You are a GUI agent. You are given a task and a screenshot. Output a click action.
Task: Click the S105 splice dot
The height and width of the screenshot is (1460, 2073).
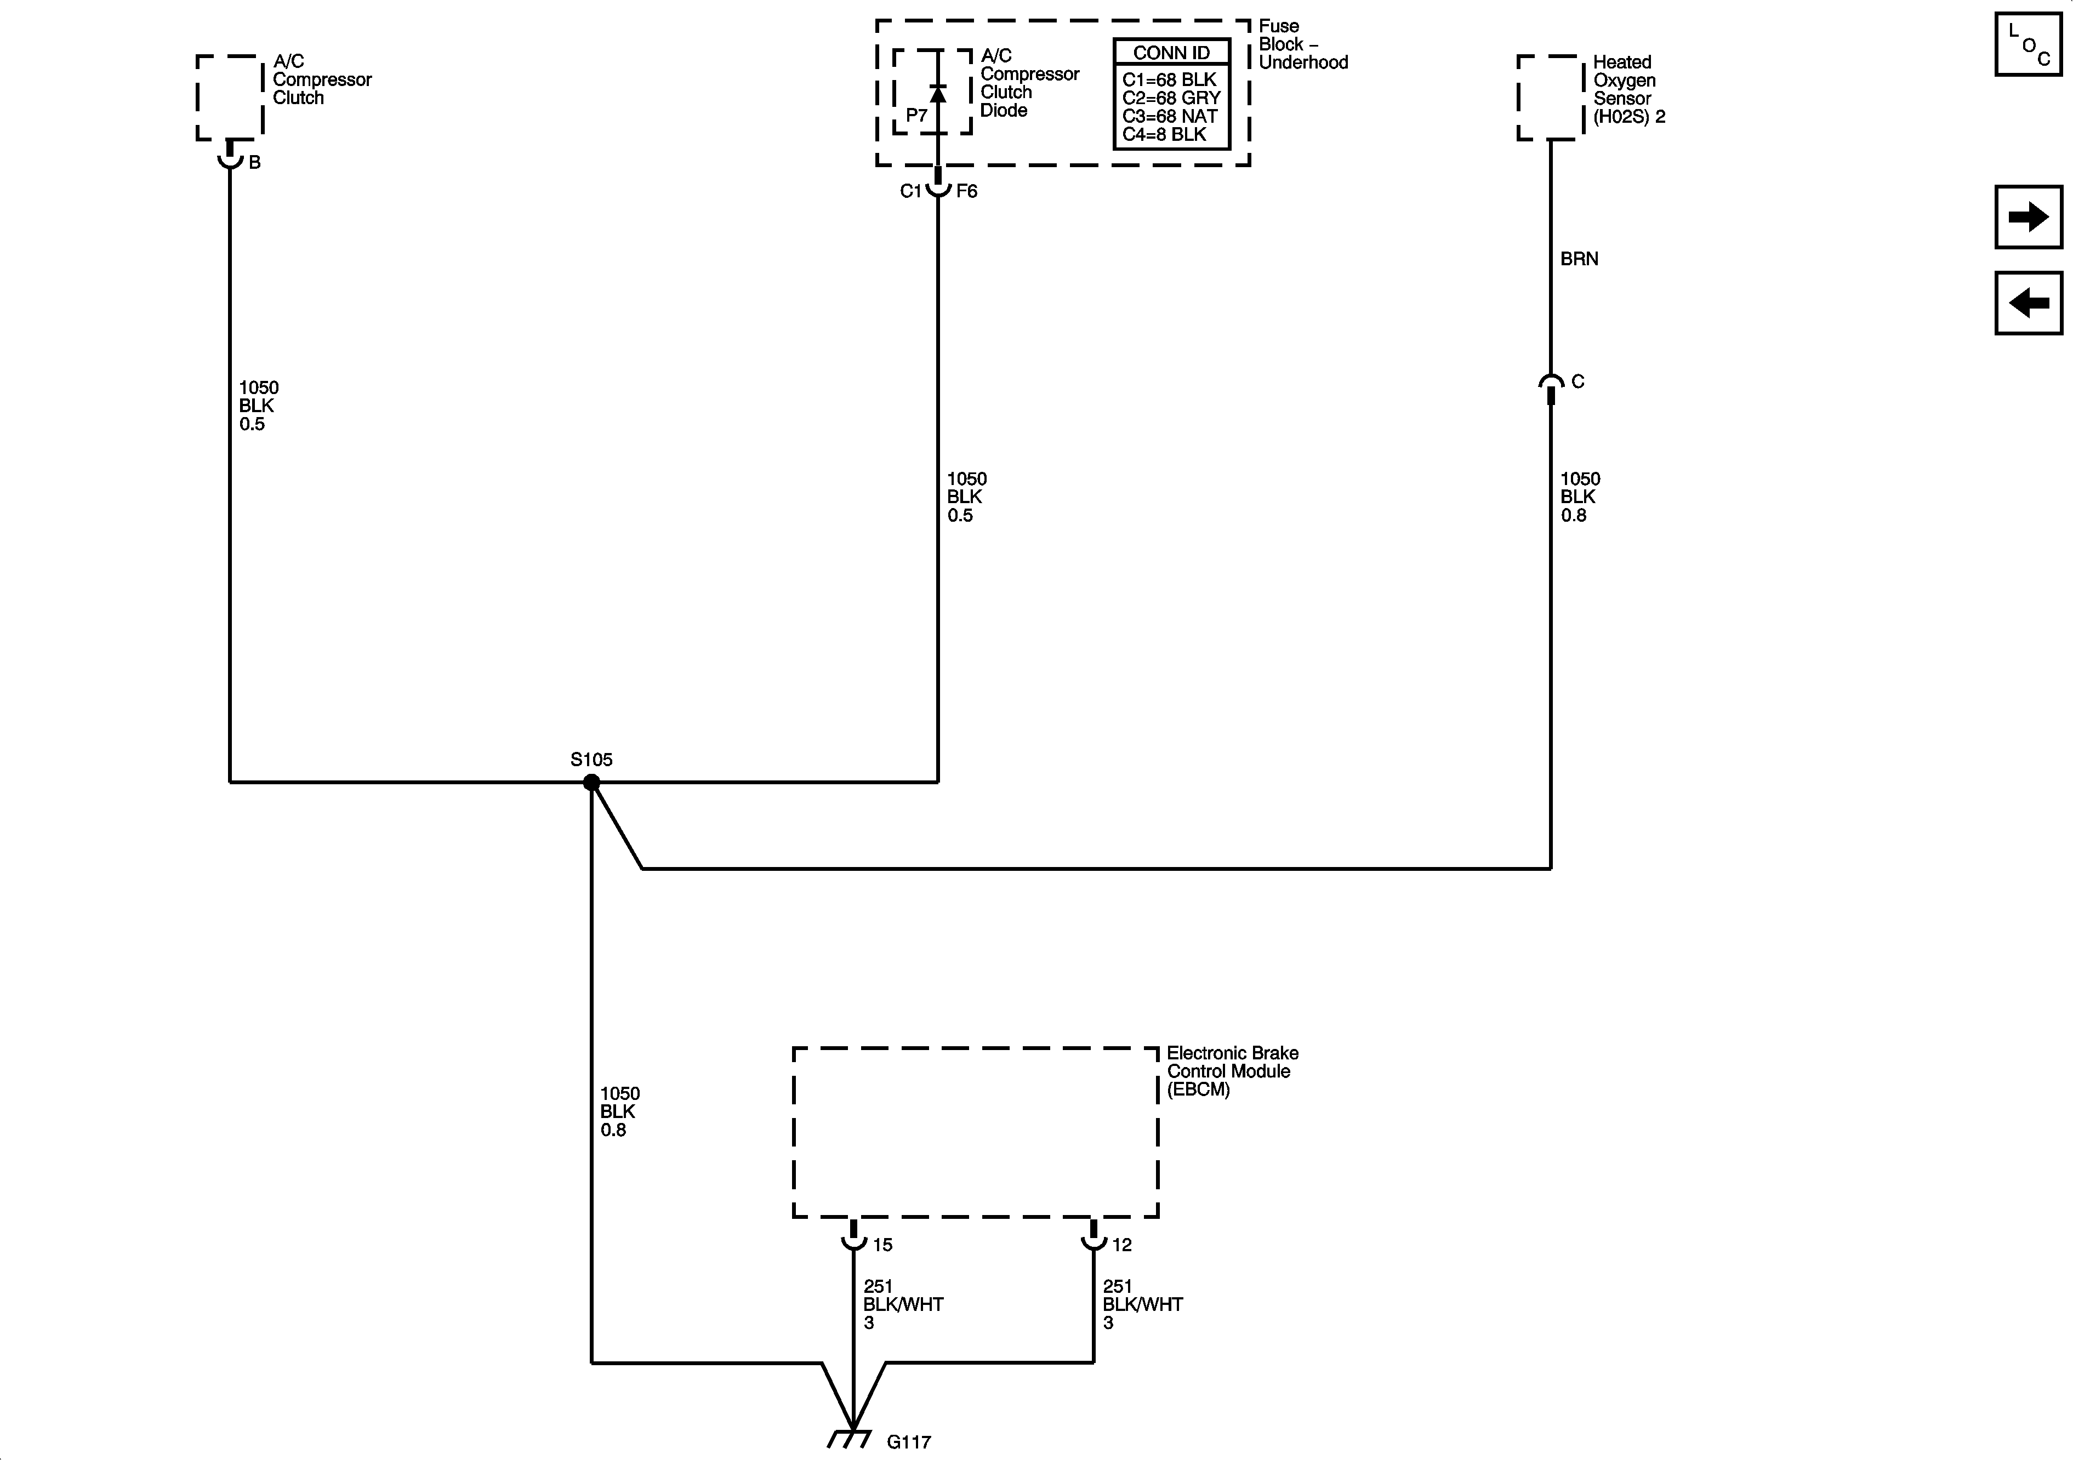point(591,783)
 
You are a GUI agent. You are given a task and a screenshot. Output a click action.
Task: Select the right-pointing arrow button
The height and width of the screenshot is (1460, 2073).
point(2028,216)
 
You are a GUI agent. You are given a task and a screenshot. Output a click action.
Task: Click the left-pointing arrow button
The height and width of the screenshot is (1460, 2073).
point(2028,303)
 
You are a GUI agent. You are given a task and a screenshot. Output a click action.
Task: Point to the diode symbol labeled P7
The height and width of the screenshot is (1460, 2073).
point(938,93)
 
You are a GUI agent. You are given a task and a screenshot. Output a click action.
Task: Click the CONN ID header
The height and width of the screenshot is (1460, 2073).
point(1171,53)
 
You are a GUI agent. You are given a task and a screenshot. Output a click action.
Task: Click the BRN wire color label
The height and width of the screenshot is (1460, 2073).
point(1579,259)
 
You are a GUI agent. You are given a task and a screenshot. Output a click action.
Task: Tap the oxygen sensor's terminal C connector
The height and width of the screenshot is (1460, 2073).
point(1551,385)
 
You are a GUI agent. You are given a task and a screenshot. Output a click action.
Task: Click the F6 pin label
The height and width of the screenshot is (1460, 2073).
point(966,191)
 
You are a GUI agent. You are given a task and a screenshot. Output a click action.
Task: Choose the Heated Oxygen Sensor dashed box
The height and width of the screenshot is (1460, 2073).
point(1550,98)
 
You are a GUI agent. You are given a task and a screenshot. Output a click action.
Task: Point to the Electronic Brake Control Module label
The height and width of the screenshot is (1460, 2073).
point(1232,1071)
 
